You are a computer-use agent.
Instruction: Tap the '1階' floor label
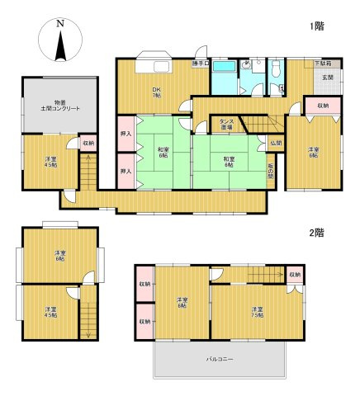coord(317,26)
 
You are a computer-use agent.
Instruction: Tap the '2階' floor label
coord(317,233)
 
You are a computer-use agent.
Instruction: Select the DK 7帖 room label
coord(155,93)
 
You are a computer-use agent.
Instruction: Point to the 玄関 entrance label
coord(327,78)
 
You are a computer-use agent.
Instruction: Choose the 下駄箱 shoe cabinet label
coord(323,64)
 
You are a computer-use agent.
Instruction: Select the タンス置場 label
coord(226,125)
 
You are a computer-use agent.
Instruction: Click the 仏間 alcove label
coord(276,143)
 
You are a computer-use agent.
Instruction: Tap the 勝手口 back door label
coord(200,64)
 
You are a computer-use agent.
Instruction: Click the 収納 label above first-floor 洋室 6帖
coord(322,106)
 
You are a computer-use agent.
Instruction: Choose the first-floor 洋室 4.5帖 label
coord(50,162)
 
